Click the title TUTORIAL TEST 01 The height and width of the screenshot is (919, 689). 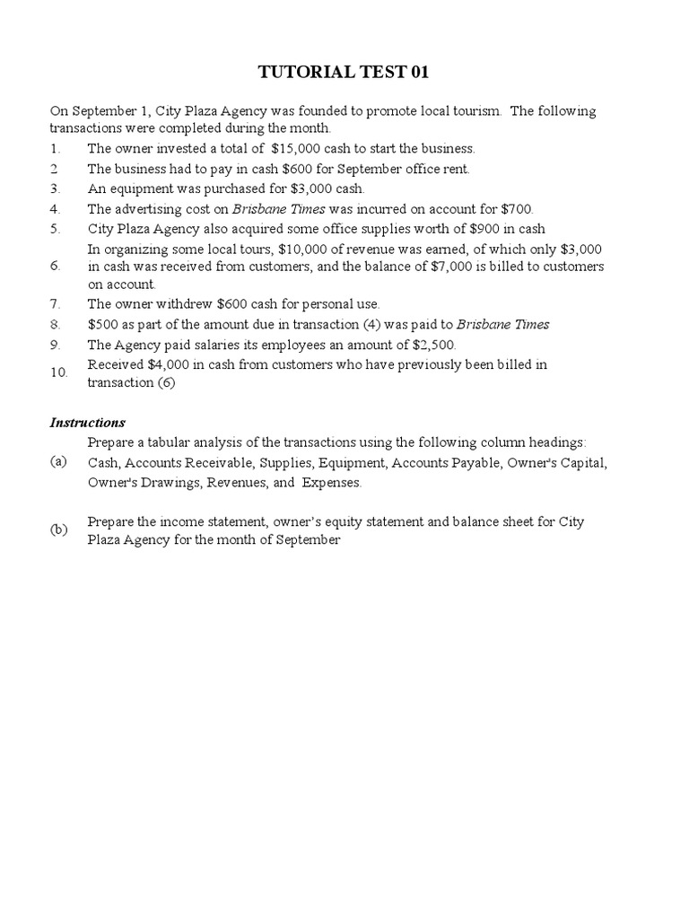point(344,72)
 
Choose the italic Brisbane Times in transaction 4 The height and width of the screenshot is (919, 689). point(270,208)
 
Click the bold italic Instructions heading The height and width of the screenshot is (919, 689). point(87,423)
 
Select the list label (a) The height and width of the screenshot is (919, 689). point(58,461)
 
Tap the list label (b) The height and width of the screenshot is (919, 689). point(58,530)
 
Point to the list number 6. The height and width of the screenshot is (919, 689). point(55,267)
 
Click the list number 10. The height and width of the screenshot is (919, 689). point(58,372)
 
